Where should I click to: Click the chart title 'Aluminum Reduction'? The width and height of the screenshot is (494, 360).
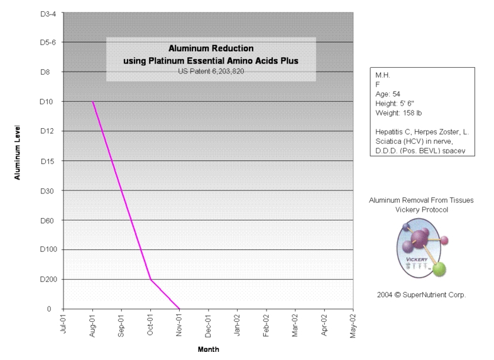pos(211,48)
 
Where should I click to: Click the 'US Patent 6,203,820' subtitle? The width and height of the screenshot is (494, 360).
pos(211,71)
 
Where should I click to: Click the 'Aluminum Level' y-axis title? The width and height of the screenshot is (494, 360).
pos(19,151)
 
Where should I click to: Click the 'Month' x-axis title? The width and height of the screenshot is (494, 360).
pos(209,349)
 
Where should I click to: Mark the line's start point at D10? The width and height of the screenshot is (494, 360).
pos(93,102)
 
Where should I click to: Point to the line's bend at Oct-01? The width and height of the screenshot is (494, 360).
pos(151,279)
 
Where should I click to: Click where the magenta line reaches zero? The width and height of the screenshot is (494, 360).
pos(180,308)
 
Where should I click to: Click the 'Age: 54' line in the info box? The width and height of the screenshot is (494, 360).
pos(388,94)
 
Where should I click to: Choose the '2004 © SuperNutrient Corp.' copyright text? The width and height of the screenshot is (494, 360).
pos(421,294)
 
